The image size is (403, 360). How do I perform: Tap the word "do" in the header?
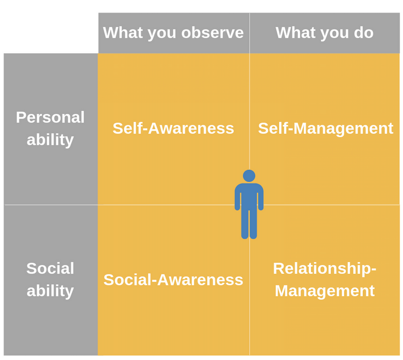[x=364, y=33]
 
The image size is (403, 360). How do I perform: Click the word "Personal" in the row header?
[x=50, y=118]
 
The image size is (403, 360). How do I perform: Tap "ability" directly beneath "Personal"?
[x=50, y=140]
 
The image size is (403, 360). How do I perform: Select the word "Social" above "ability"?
[x=50, y=269]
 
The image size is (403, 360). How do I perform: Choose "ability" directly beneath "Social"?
[x=50, y=291]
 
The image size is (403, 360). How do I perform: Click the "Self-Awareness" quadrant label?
[x=173, y=128]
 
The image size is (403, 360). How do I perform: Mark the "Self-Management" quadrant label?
[x=325, y=128]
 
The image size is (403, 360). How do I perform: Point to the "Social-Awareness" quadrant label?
[x=173, y=280]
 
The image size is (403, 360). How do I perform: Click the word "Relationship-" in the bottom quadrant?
[x=324, y=269]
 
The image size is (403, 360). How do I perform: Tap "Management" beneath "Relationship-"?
[x=324, y=291]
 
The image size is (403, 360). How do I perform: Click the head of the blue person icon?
[x=249, y=176]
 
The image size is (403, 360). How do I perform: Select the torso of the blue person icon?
[x=249, y=196]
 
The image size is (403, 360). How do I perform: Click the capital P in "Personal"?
[x=21, y=118]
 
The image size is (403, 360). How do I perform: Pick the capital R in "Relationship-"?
[x=278, y=269]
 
